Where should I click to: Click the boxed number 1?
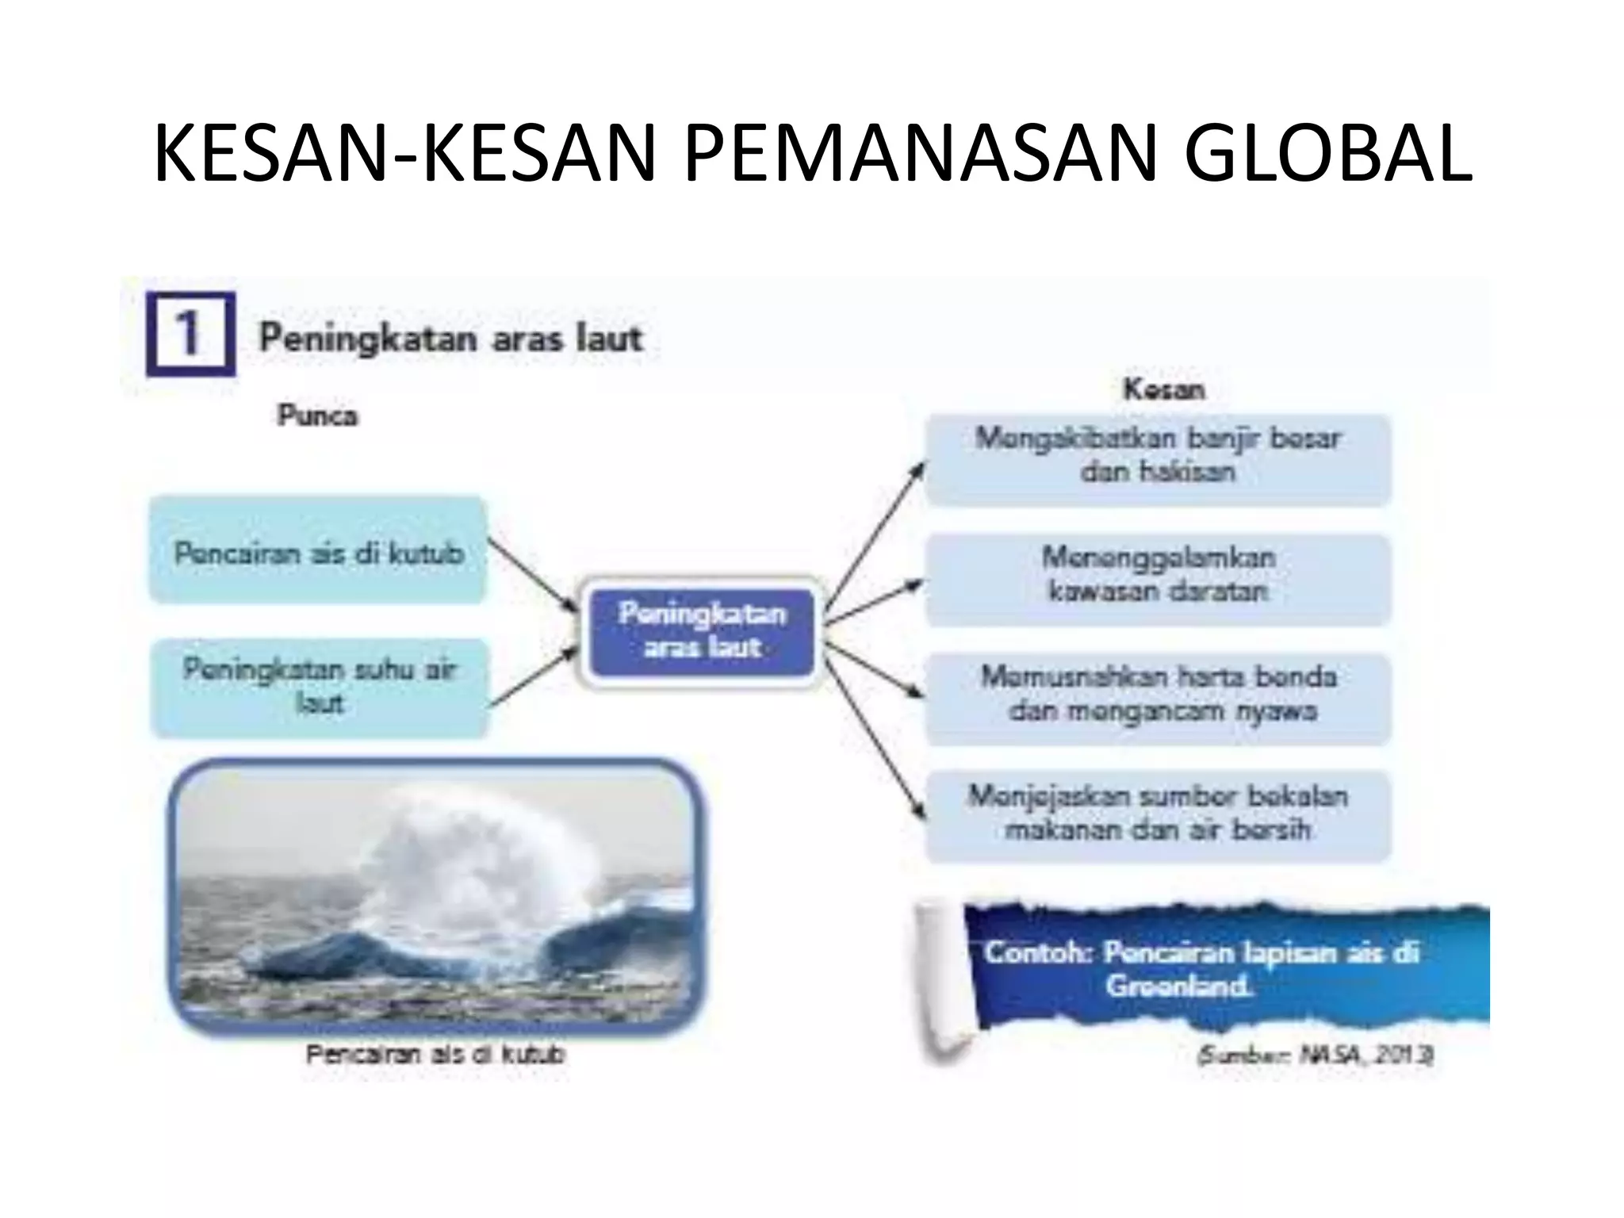coord(190,333)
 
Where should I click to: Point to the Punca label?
coord(317,416)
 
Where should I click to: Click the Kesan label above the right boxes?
coord(1163,389)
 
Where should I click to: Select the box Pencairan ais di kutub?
coord(317,551)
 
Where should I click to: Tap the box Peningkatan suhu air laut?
coord(319,687)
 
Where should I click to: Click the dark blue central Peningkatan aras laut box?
coord(703,631)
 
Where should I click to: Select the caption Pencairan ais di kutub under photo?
coord(435,1055)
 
